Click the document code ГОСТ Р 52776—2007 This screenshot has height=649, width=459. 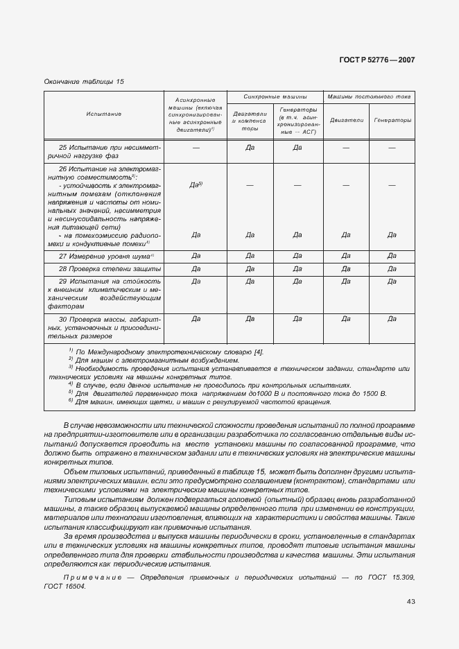[x=379, y=60]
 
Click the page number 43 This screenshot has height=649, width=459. [x=410, y=601]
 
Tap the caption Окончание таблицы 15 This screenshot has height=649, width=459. [x=84, y=82]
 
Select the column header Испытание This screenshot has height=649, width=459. [x=104, y=114]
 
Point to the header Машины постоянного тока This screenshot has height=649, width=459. [x=369, y=97]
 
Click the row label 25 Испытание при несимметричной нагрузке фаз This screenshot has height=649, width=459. [x=104, y=152]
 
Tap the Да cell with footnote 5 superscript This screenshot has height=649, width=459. [x=196, y=185]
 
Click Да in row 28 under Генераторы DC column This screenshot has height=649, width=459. [x=392, y=268]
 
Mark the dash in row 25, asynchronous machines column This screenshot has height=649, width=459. [x=196, y=148]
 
